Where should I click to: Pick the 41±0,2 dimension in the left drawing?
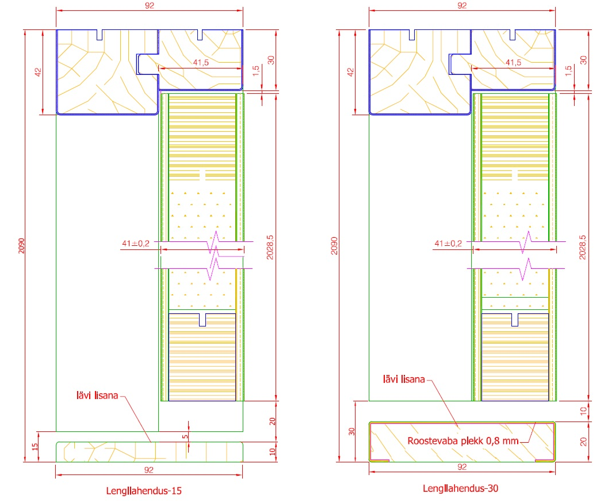pos(135,244)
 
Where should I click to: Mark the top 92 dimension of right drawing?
pos(461,5)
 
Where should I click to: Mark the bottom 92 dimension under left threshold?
pos(148,470)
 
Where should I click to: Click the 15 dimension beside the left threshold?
pos(34,446)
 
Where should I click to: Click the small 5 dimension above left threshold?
pos(185,437)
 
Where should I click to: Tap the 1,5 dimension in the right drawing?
pos(569,71)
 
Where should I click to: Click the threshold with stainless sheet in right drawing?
pos(461,441)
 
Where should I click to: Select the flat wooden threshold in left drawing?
pos(115,451)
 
